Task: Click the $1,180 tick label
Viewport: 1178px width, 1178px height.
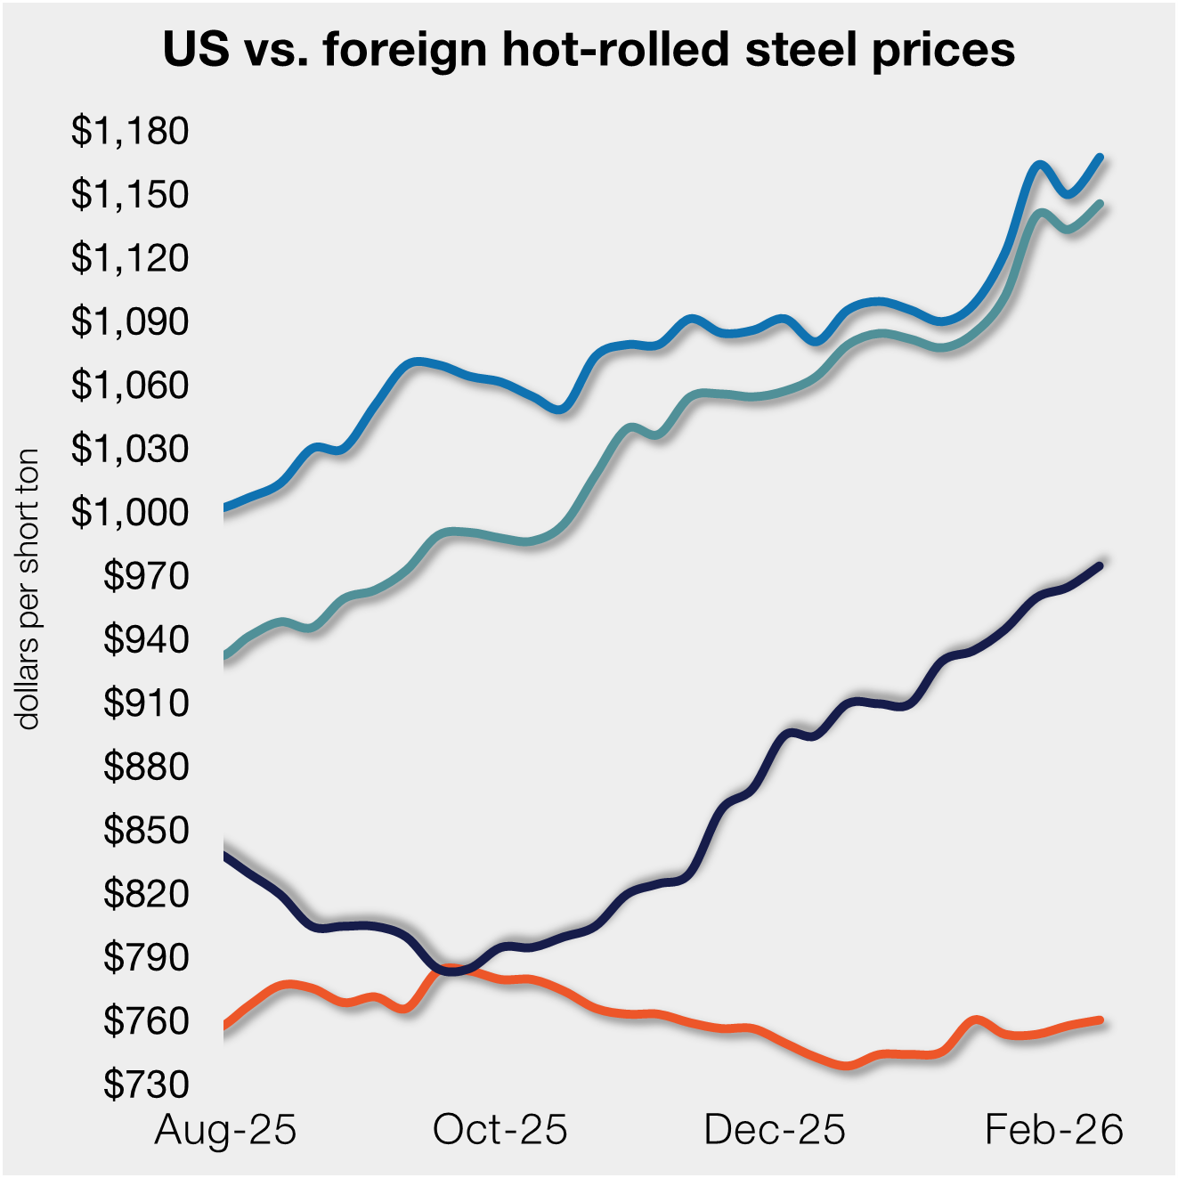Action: tap(130, 131)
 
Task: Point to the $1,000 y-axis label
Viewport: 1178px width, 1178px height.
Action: tap(130, 512)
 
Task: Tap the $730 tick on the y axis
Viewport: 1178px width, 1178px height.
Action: tap(146, 1084)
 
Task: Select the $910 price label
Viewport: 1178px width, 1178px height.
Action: tap(146, 703)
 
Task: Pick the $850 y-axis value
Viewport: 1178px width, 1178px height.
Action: tap(146, 830)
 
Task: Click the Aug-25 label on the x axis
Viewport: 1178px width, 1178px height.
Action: tap(225, 1130)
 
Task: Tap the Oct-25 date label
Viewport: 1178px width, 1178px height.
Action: tap(500, 1130)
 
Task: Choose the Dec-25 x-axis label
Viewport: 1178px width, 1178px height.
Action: tap(774, 1130)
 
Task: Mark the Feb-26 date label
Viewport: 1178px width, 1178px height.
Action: tap(1053, 1130)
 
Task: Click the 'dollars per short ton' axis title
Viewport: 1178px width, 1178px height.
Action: tap(28, 589)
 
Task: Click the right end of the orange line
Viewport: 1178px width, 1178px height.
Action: tap(1101, 1020)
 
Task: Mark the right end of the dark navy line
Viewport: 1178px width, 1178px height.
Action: tap(1101, 565)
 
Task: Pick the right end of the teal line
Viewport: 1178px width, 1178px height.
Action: tap(1101, 203)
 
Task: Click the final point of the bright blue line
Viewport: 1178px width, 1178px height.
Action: tap(1101, 157)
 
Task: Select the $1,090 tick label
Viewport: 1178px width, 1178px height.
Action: tap(130, 321)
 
